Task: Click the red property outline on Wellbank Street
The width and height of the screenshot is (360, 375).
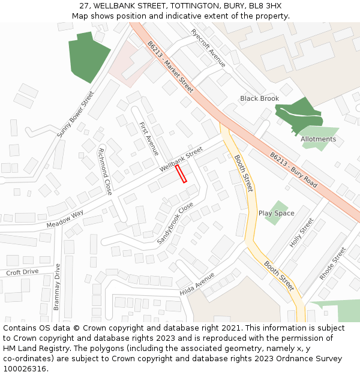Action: [181, 173]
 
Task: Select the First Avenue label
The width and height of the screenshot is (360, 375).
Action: [148, 139]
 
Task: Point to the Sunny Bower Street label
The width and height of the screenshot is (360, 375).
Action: [76, 114]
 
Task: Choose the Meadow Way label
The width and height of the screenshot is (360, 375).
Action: [65, 218]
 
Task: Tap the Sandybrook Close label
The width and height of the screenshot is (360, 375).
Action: [175, 223]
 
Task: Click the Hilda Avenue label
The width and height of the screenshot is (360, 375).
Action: [197, 283]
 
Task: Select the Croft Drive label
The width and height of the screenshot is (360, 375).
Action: [22, 272]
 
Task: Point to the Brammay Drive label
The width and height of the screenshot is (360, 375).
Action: [57, 287]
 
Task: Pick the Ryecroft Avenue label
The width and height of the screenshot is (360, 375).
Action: [208, 48]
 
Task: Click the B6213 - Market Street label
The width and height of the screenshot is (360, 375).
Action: [170, 67]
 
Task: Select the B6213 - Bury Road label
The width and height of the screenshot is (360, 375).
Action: [293, 169]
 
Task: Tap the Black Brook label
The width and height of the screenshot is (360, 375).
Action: [259, 98]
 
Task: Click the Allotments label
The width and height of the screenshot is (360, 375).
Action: [318, 139]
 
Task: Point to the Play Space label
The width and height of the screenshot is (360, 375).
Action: [276, 213]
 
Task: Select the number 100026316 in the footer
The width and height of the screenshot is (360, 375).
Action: [23, 369]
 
